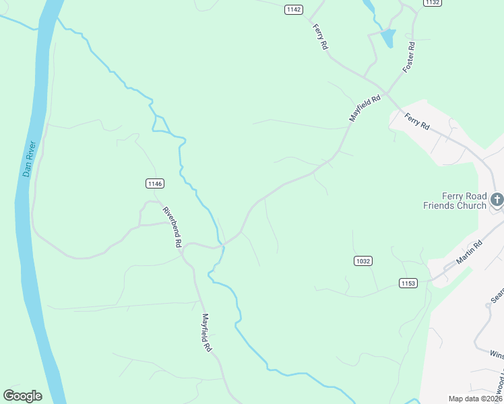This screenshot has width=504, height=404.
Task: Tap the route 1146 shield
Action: (x=154, y=183)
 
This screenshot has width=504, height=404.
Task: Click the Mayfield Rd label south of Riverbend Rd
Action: (x=207, y=333)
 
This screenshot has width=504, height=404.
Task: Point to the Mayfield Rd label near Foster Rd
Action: (x=365, y=108)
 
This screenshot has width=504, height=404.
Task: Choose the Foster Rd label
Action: (x=408, y=57)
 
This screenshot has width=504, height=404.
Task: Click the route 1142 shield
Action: (x=293, y=9)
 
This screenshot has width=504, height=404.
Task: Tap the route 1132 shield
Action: (x=432, y=3)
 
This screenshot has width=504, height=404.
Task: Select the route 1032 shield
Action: (x=363, y=261)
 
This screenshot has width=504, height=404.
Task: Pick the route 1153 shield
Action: (x=408, y=283)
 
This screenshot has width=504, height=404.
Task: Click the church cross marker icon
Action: (x=497, y=199)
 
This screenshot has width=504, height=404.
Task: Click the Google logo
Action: (x=22, y=396)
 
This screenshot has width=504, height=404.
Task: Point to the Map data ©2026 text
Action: (x=475, y=399)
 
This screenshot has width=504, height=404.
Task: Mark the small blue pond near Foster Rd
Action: (x=387, y=38)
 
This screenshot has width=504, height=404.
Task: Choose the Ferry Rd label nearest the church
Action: (x=416, y=122)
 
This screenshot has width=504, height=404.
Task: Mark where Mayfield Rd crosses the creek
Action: (x=222, y=246)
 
